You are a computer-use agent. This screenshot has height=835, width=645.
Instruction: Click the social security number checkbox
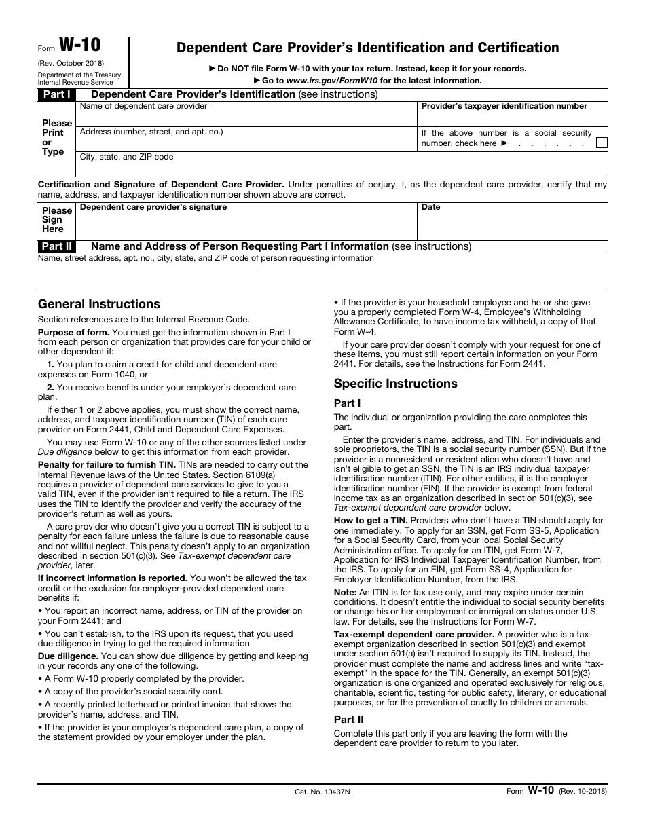click(x=601, y=143)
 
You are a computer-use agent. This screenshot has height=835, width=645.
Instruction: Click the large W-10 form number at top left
click(x=80, y=45)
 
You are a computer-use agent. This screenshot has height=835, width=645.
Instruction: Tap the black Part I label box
click(x=56, y=94)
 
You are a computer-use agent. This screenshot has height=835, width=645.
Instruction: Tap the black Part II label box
click(x=56, y=246)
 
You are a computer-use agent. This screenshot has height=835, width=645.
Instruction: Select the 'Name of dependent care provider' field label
click(x=143, y=106)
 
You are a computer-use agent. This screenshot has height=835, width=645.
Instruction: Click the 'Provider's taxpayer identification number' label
click(x=504, y=106)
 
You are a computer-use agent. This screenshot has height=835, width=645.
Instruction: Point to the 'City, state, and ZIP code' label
click(x=126, y=157)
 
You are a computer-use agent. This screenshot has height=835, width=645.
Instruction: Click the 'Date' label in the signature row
click(x=430, y=207)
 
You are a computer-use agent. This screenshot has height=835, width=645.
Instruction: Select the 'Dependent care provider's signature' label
click(x=153, y=207)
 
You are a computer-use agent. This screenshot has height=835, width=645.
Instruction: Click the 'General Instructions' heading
click(x=99, y=304)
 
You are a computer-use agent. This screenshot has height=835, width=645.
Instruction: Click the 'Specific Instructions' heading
click(x=395, y=384)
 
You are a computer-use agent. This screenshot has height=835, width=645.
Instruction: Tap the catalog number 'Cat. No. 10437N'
click(x=322, y=792)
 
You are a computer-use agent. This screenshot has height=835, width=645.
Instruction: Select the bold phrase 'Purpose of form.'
click(x=73, y=332)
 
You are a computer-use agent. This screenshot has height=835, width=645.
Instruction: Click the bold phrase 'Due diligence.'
click(x=68, y=656)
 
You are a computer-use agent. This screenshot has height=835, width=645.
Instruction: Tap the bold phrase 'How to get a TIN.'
click(x=370, y=521)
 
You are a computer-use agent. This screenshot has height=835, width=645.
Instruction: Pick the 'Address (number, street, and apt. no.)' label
click(x=151, y=132)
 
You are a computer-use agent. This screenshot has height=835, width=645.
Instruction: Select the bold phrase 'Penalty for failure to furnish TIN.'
click(x=107, y=464)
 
